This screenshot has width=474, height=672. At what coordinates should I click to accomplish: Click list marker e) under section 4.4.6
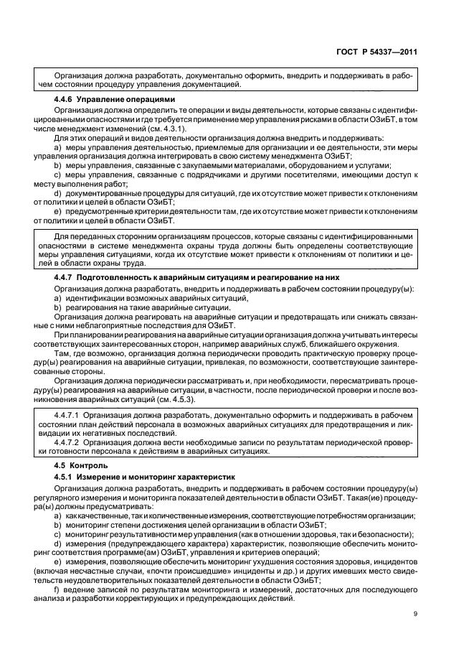57,212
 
